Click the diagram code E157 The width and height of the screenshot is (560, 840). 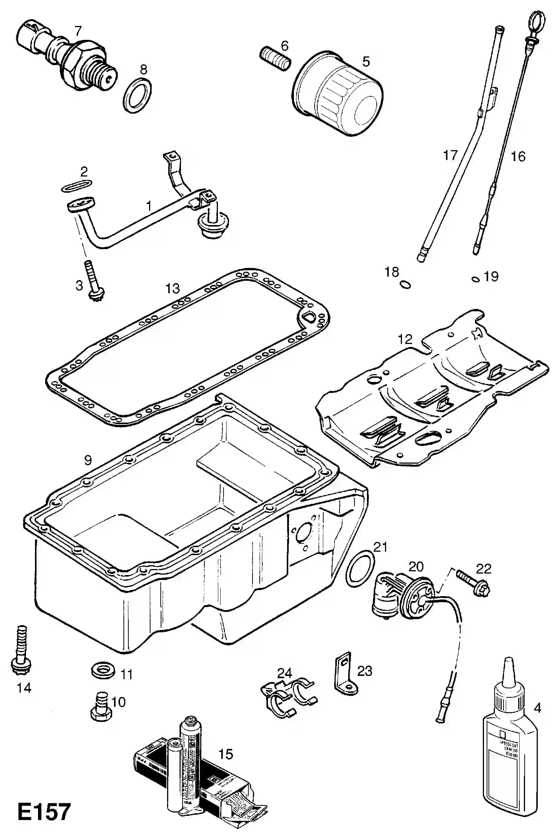click(44, 811)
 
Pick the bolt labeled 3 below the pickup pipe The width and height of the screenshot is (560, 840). click(95, 280)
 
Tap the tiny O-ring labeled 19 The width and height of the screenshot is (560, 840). click(475, 279)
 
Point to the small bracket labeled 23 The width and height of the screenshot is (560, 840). click(344, 676)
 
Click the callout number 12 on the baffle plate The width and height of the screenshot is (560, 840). click(405, 339)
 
